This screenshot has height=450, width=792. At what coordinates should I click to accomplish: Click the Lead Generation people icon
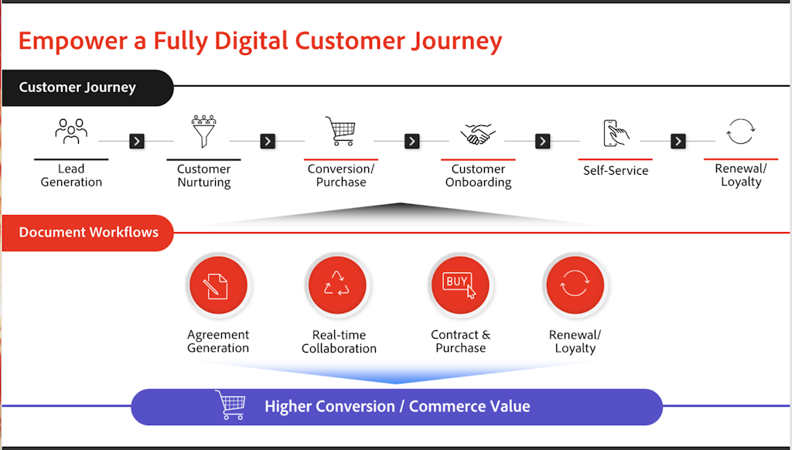tap(71, 131)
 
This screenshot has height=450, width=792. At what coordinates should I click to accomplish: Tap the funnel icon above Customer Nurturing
tap(203, 131)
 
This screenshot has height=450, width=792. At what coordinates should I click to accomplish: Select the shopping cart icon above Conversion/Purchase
tap(340, 131)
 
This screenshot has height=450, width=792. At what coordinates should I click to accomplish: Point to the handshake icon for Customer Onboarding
tap(478, 134)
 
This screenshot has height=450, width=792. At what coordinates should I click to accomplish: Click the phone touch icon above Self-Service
tap(616, 133)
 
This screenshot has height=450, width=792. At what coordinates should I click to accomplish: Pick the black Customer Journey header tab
tap(87, 87)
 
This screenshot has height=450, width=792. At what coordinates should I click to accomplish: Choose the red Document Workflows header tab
tap(87, 232)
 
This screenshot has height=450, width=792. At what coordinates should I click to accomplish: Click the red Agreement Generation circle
tap(218, 285)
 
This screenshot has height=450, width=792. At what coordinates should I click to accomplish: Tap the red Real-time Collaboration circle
tap(337, 285)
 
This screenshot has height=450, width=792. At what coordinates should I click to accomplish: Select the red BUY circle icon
tap(460, 285)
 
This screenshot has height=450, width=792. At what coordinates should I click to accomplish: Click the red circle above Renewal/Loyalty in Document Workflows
tap(575, 285)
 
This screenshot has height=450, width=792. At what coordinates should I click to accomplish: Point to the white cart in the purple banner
tap(230, 404)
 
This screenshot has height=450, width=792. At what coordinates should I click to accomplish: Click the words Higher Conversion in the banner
tap(329, 407)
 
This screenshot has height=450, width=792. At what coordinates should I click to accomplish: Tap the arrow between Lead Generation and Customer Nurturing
tap(137, 141)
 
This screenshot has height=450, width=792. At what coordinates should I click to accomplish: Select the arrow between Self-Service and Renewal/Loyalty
tap(678, 141)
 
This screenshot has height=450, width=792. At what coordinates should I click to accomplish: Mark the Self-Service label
tap(616, 171)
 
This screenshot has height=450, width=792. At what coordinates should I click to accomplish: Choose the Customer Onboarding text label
tap(478, 176)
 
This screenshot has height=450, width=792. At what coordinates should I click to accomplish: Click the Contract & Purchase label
tap(461, 341)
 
